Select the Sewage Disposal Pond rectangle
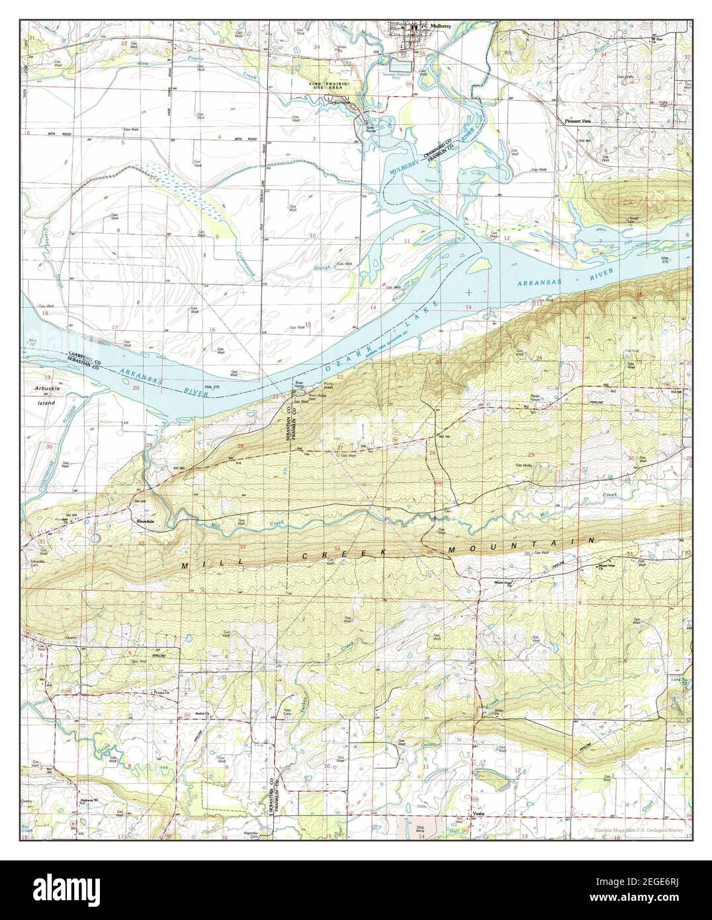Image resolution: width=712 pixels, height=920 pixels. point(399,66)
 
